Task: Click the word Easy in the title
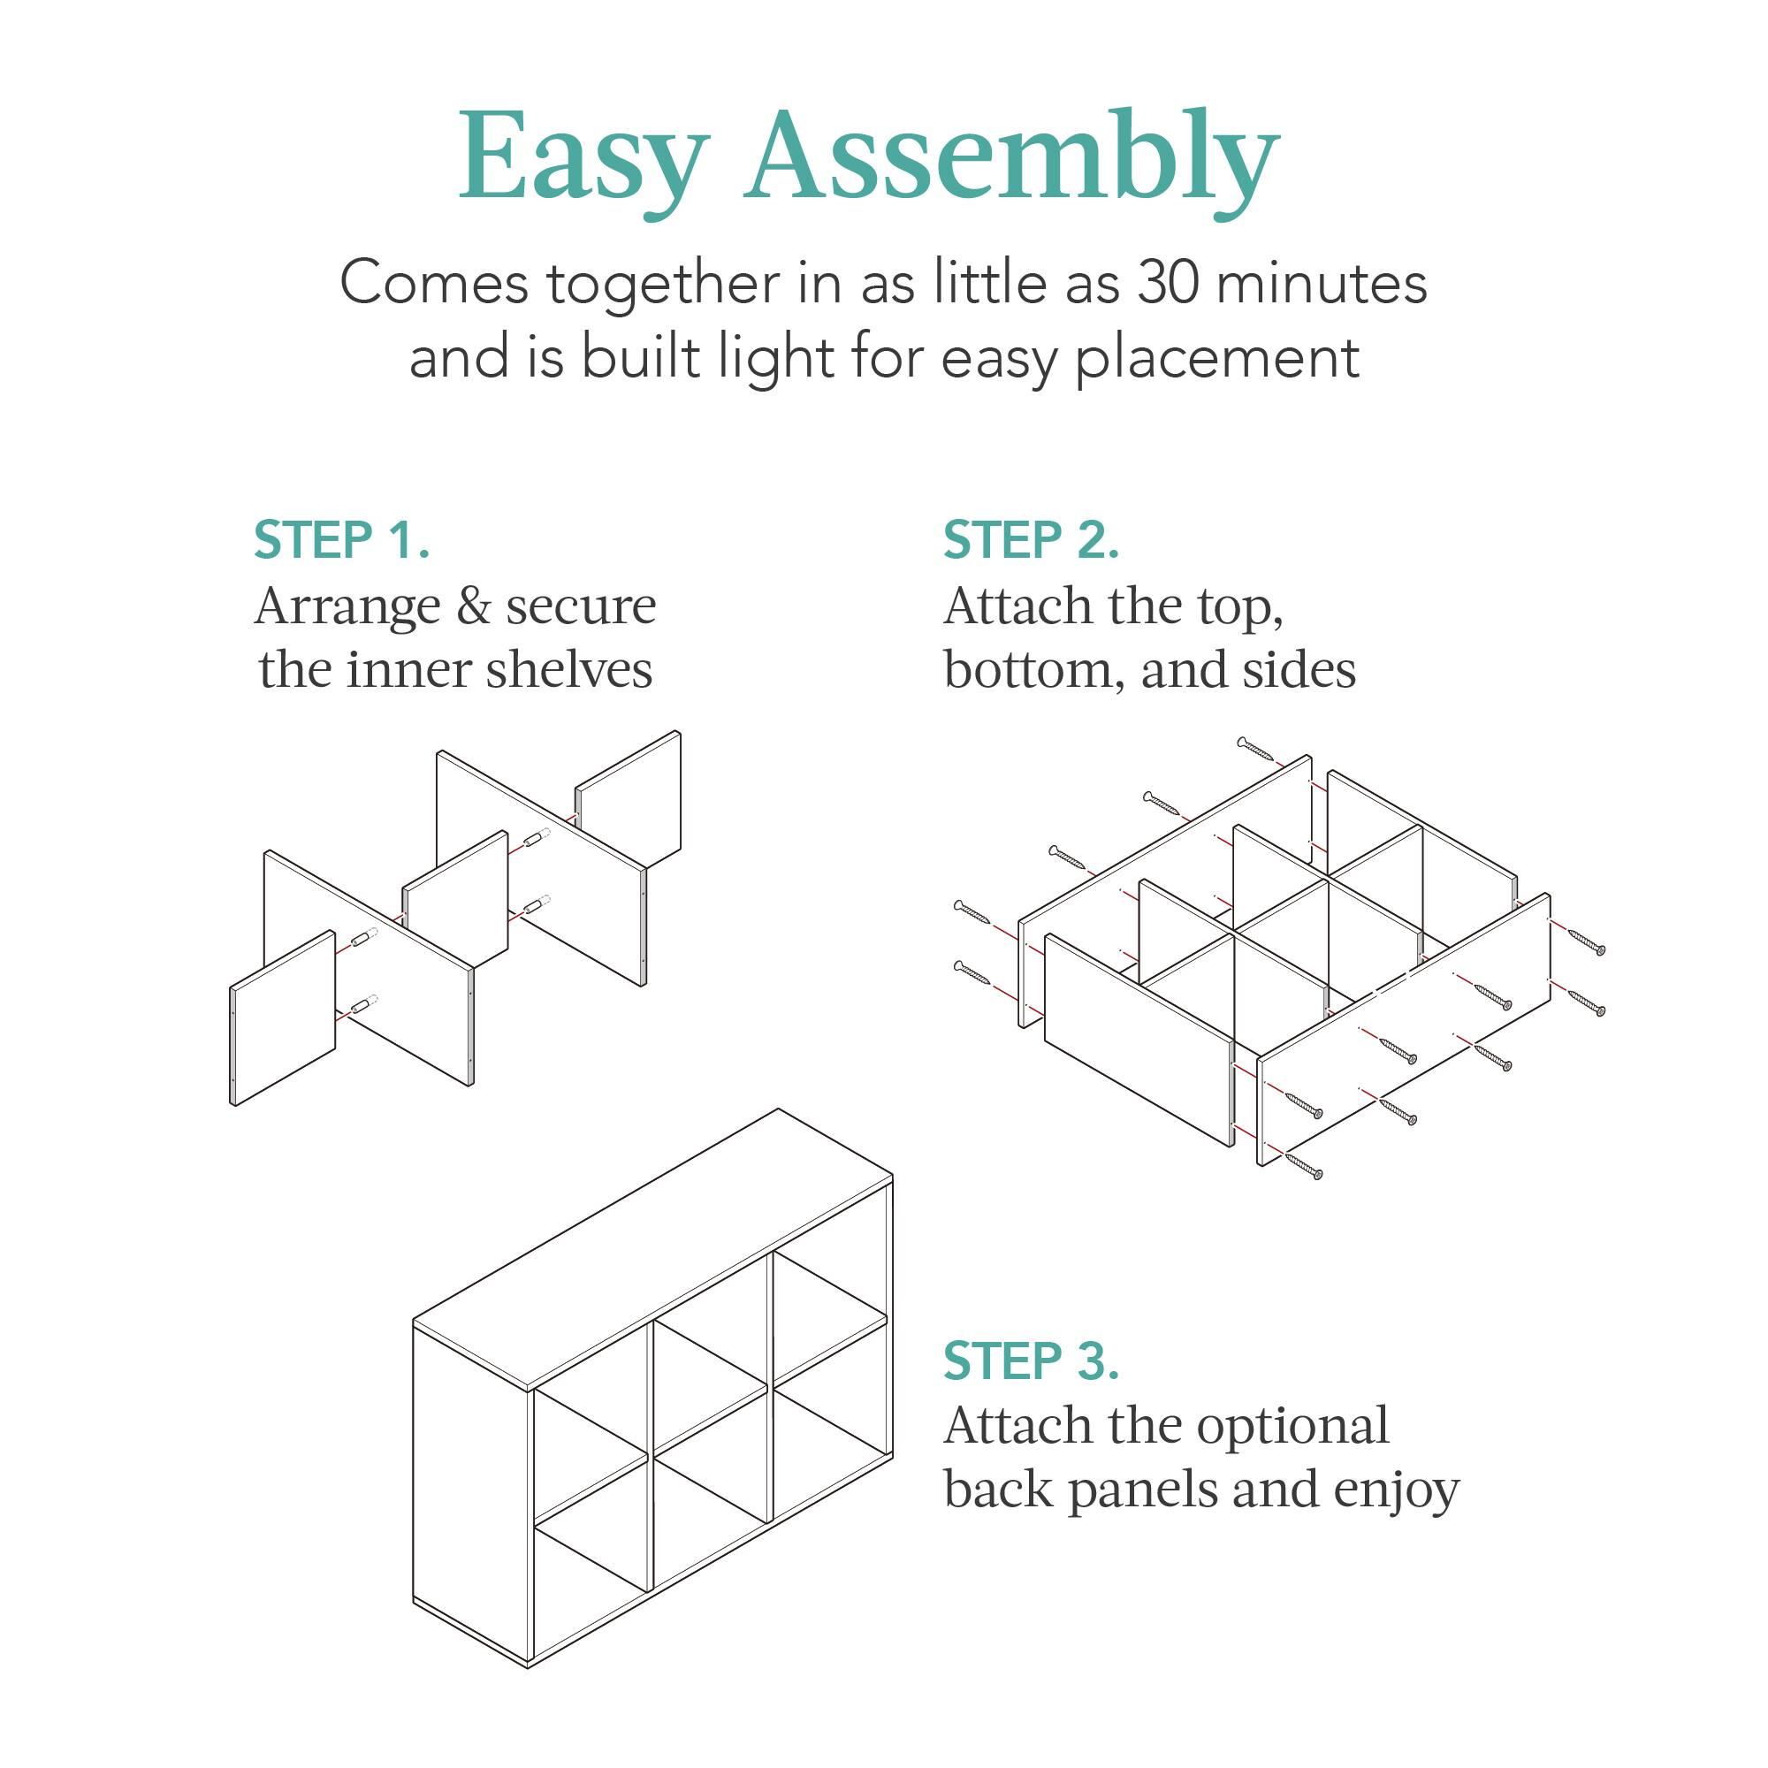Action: (583, 157)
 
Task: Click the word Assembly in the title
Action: (1011, 157)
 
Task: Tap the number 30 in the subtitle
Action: (1169, 284)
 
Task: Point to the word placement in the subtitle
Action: (1217, 359)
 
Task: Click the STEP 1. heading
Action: (341, 540)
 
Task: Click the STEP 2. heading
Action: (1032, 540)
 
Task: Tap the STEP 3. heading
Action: (1032, 1360)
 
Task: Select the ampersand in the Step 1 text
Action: (473, 606)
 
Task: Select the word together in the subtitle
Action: (665, 284)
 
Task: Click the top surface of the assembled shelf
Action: (652, 1249)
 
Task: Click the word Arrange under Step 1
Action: (347, 606)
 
